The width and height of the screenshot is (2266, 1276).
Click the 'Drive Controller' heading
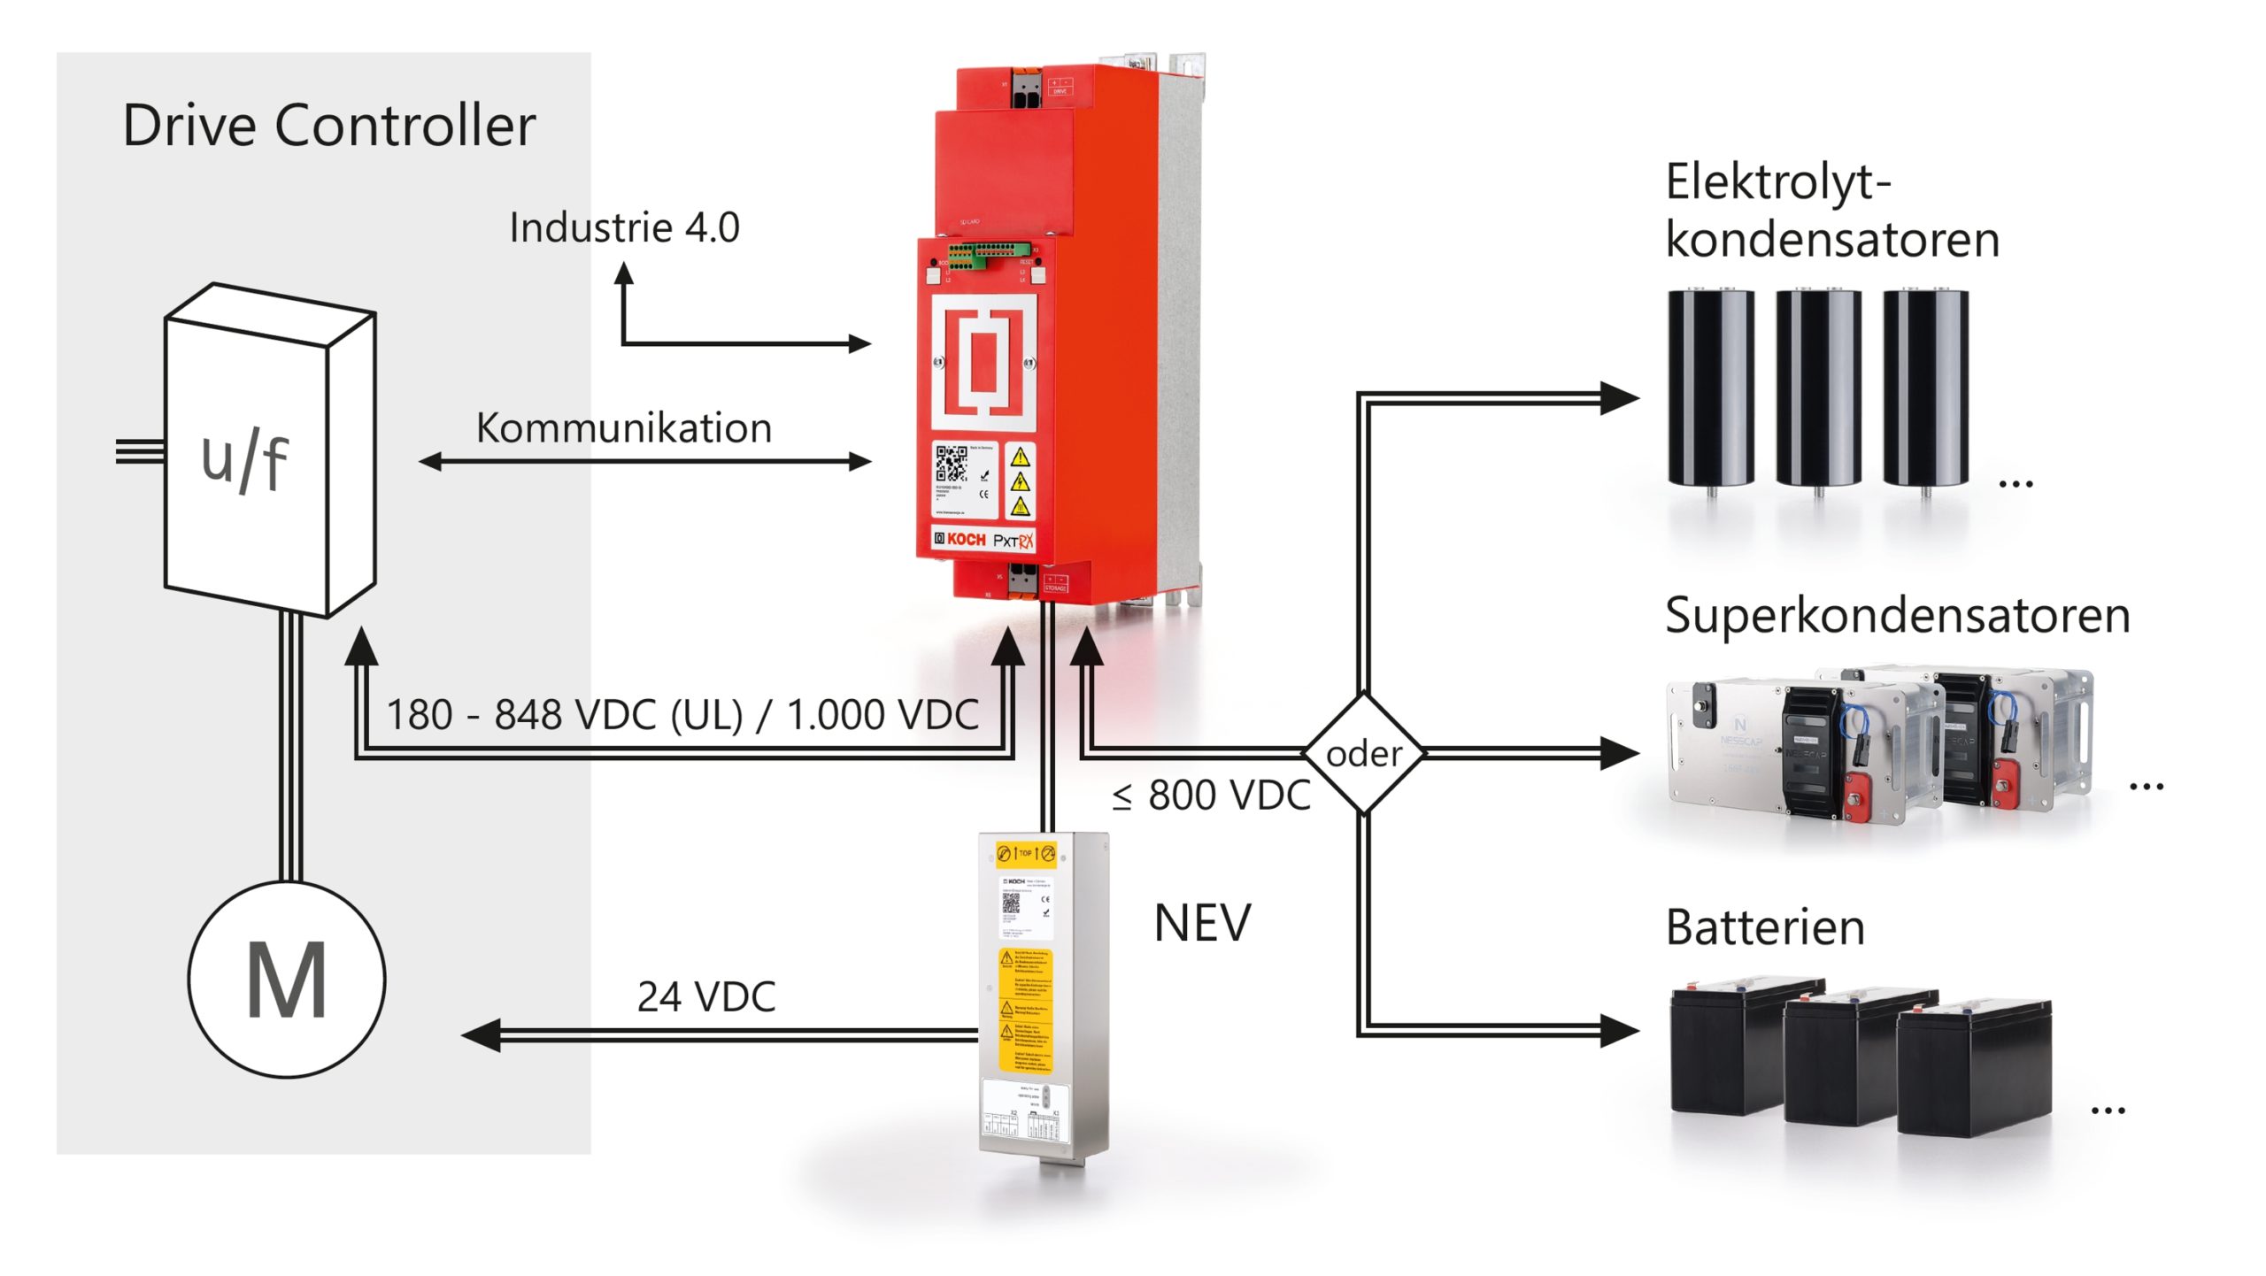(x=328, y=126)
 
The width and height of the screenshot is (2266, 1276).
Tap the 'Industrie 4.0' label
(x=624, y=228)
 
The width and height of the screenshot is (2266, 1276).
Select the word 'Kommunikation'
(x=624, y=428)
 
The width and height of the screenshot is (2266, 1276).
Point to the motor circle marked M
(x=287, y=979)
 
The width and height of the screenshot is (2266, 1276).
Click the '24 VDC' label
(x=706, y=997)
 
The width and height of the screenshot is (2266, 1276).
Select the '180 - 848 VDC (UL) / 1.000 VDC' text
(x=682, y=715)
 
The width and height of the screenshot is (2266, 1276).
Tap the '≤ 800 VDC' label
(x=1211, y=796)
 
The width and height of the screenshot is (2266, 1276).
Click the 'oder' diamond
(x=1364, y=754)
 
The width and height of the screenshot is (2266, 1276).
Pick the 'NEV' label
(x=1202, y=924)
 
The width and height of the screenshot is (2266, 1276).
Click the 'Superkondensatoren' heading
(x=1897, y=616)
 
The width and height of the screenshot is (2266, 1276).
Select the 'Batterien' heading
(x=1765, y=928)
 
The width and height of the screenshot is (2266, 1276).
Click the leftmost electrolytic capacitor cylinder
(x=1710, y=389)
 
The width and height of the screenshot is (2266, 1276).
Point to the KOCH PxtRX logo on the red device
(x=983, y=540)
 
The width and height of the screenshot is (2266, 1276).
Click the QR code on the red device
(x=952, y=464)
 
